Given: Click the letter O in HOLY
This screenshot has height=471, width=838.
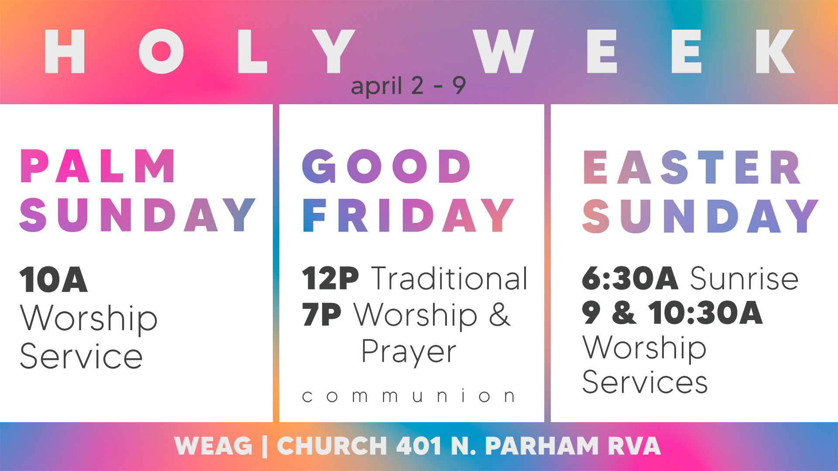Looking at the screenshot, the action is [x=161, y=51].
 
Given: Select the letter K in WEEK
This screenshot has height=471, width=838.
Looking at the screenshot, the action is [x=775, y=51].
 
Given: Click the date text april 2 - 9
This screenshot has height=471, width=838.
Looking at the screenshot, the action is [x=409, y=85].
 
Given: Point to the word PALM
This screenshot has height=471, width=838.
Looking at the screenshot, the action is [x=98, y=166].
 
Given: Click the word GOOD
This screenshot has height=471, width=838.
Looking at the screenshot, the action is [x=387, y=166].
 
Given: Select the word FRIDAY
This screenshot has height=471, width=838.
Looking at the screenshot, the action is [x=408, y=215].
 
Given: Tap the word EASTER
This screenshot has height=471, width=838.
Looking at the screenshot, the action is [x=692, y=167].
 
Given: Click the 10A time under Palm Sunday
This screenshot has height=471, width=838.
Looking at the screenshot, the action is [x=54, y=280].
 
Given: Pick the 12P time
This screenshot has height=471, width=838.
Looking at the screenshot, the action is [x=330, y=278].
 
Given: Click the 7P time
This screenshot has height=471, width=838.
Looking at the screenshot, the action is [x=322, y=314].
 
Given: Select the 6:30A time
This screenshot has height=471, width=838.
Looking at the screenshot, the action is [x=630, y=278].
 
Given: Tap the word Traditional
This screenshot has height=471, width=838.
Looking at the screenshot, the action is [x=450, y=278].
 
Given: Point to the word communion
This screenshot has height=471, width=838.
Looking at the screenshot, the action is [x=409, y=396].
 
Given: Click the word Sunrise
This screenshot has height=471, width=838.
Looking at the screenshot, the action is [x=745, y=278].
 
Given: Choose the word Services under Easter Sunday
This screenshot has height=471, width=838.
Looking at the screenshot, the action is [x=645, y=382].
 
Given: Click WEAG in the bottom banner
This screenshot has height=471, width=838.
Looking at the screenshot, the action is [x=213, y=446].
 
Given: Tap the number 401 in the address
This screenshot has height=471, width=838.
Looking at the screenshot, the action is [x=419, y=446].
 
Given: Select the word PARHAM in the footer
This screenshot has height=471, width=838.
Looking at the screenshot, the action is [x=542, y=446].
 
